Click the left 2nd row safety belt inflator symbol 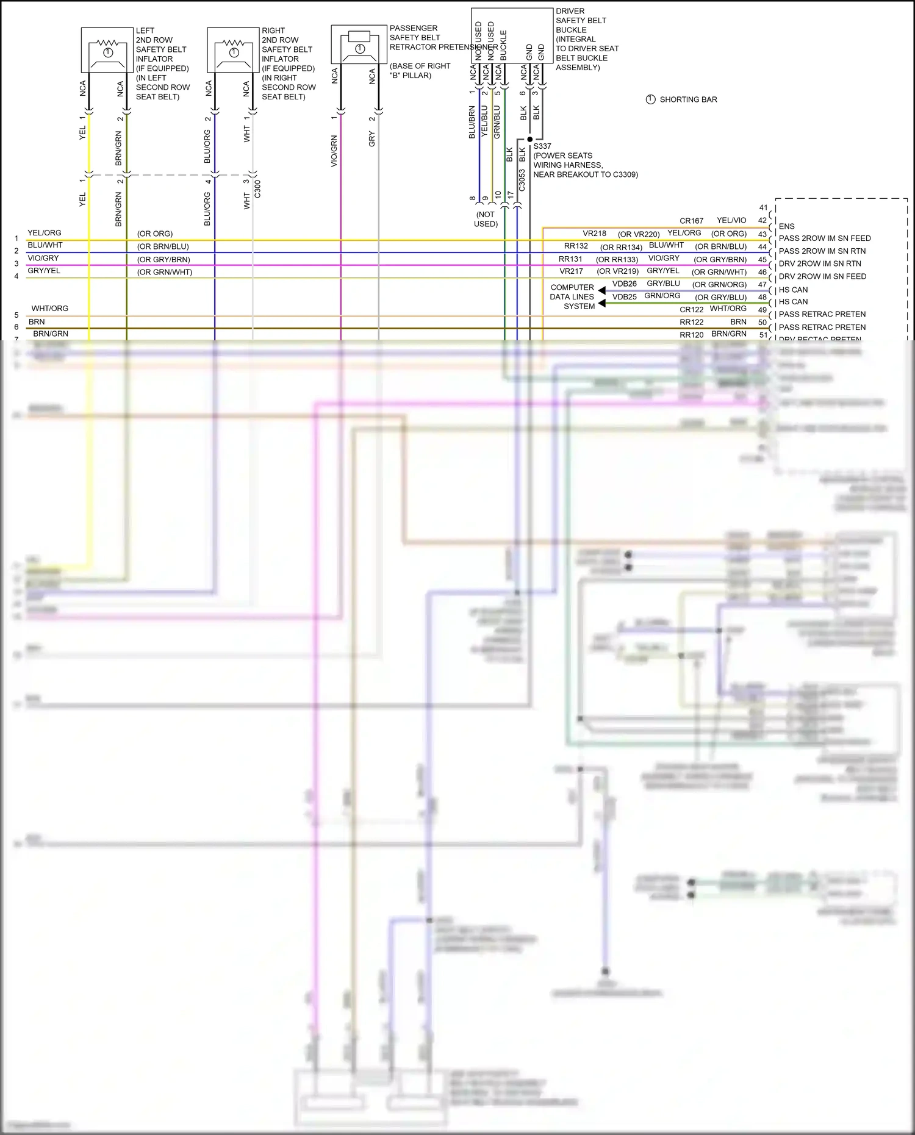click(x=107, y=50)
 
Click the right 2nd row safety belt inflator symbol click(x=233, y=50)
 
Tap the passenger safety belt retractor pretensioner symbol click(x=359, y=45)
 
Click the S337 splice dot click(x=529, y=139)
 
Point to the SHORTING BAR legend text click(x=688, y=99)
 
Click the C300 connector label click(x=257, y=189)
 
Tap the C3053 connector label click(x=522, y=180)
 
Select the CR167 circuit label click(x=691, y=221)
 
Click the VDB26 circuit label click(x=624, y=284)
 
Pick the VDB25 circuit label click(x=624, y=297)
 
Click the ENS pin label click(x=786, y=226)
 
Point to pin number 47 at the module click(x=762, y=285)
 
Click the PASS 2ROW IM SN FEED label click(x=824, y=238)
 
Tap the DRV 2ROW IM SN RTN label click(x=819, y=263)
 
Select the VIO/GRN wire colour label click(x=334, y=151)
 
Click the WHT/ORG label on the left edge click(x=50, y=309)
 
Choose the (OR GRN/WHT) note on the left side click(x=164, y=272)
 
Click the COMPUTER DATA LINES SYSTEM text click(x=572, y=297)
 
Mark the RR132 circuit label click(x=575, y=246)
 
